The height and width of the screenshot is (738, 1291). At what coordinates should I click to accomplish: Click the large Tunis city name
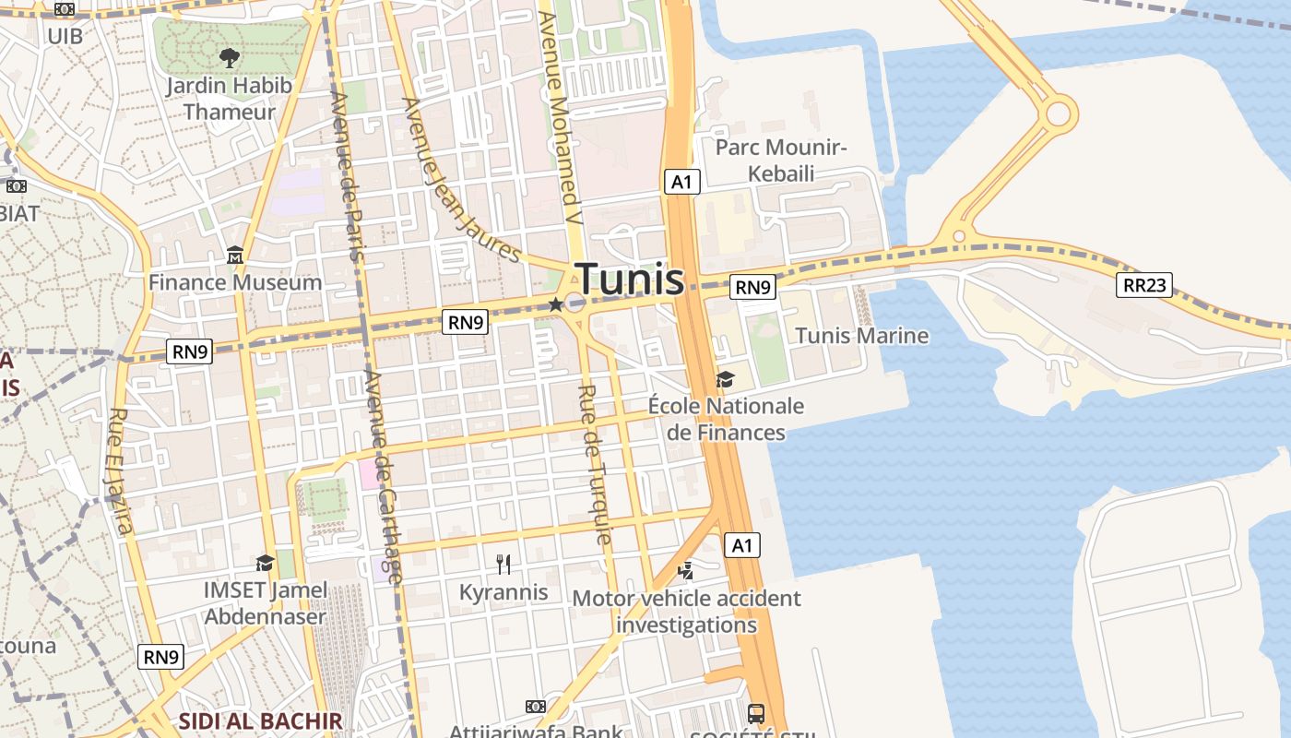pos(631,280)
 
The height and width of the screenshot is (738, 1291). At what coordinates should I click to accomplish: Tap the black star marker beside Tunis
pos(555,304)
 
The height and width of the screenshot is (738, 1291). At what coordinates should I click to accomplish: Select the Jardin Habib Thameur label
pos(229,99)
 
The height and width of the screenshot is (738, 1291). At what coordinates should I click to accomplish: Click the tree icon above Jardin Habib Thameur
pos(230,58)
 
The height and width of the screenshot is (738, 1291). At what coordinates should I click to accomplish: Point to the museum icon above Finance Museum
pos(234,255)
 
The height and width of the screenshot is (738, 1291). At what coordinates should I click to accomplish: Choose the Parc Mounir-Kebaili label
pos(780,161)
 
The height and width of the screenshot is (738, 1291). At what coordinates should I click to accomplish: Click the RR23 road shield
pos(1143,285)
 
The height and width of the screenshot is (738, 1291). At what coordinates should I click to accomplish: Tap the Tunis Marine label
pos(861,336)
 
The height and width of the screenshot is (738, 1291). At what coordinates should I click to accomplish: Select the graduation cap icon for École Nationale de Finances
pos(725,379)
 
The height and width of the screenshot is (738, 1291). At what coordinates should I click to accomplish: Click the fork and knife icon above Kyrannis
pos(503,564)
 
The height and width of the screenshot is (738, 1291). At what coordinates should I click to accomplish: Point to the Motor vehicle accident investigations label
pos(686,612)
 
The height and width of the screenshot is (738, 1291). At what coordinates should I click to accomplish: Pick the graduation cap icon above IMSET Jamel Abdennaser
pos(265,562)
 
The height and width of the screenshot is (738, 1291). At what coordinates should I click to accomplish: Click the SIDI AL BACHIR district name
pos(260,721)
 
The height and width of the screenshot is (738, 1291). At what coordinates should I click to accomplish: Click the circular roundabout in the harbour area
pos(1058,114)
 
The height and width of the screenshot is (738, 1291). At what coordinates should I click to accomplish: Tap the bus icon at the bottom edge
pos(756,713)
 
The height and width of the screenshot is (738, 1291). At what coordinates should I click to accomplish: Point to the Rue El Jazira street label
pos(121,470)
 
